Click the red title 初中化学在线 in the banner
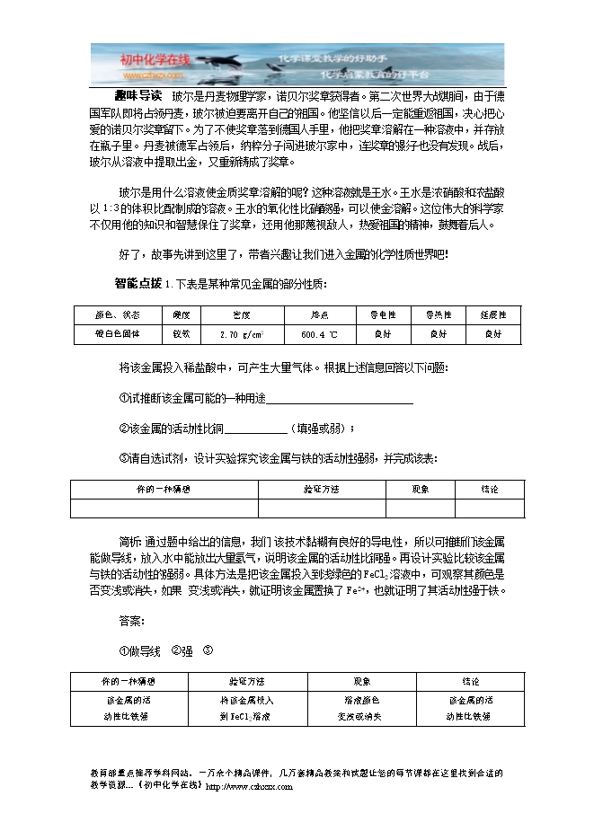pyautogui.click(x=155, y=59)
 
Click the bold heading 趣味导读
pyautogui.click(x=138, y=94)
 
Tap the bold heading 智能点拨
pyautogui.click(x=137, y=284)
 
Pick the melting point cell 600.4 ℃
pyautogui.click(x=319, y=334)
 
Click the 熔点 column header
pyautogui.click(x=319, y=315)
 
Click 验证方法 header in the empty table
pyautogui.click(x=321, y=490)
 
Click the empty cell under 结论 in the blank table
pyautogui.click(x=490, y=508)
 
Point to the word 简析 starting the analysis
pyautogui.click(x=129, y=542)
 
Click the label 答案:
pyautogui.click(x=131, y=621)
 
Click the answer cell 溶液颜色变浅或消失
pyautogui.click(x=359, y=708)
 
